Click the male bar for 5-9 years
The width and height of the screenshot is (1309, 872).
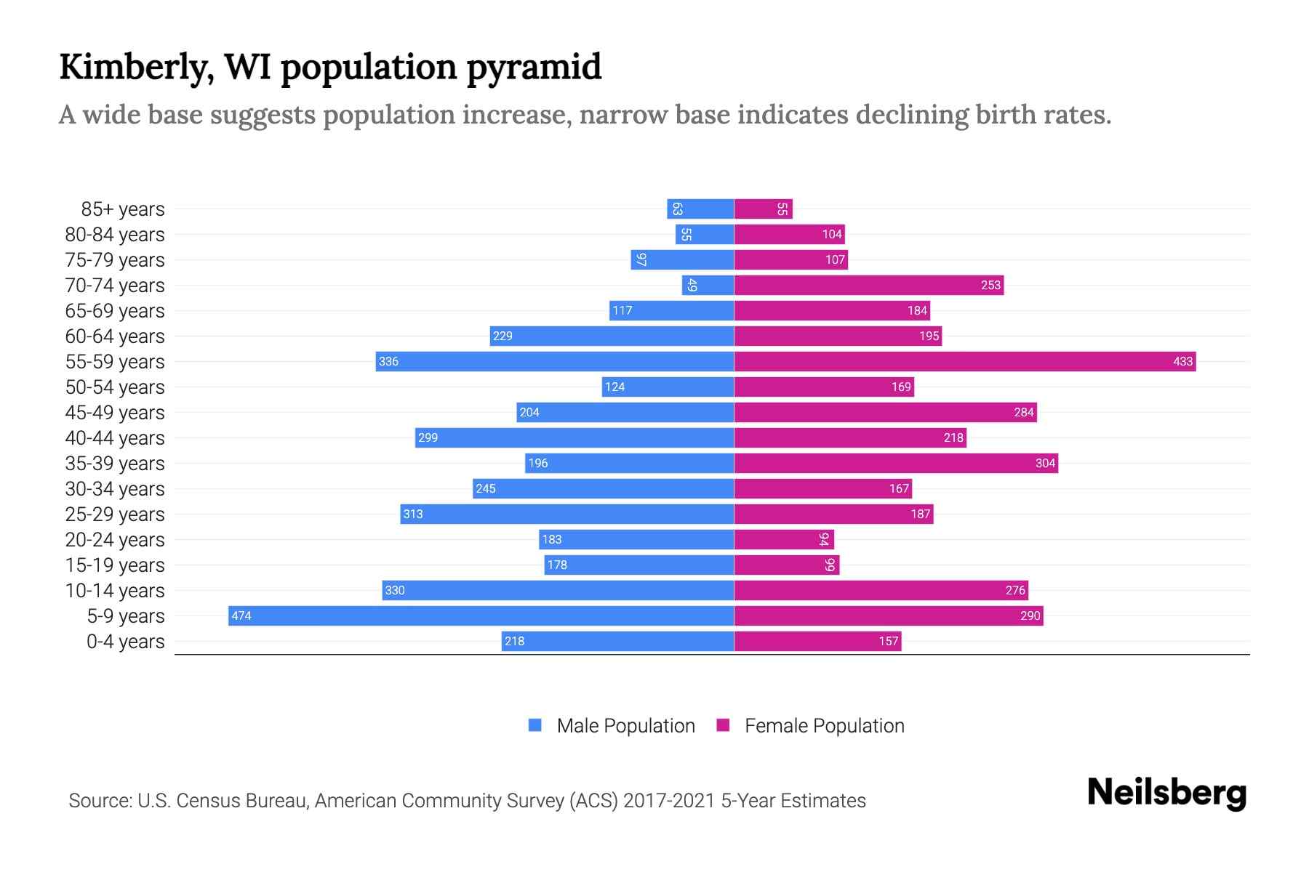(x=480, y=615)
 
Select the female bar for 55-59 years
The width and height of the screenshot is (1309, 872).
(x=964, y=361)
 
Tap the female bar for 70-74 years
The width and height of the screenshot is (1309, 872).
(x=868, y=285)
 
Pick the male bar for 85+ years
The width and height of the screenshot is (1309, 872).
(x=700, y=209)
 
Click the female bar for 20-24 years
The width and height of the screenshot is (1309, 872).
(x=784, y=539)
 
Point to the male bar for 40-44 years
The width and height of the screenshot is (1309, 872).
(x=575, y=437)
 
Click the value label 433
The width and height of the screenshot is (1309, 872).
(x=1182, y=361)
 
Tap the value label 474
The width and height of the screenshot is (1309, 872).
(x=241, y=615)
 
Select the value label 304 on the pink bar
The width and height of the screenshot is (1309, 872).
(x=1045, y=463)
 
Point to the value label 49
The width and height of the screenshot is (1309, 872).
(x=692, y=285)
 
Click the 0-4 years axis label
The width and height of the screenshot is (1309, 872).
(x=125, y=642)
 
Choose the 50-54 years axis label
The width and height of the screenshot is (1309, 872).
(x=115, y=387)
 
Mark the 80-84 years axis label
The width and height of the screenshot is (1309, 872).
(x=115, y=235)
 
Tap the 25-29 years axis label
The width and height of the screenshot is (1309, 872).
(x=115, y=514)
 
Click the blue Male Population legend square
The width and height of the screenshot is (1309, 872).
(x=535, y=725)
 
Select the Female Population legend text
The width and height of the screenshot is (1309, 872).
(x=824, y=725)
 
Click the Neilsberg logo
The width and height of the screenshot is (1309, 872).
(x=1166, y=793)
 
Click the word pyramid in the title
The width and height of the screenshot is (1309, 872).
(x=534, y=67)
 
